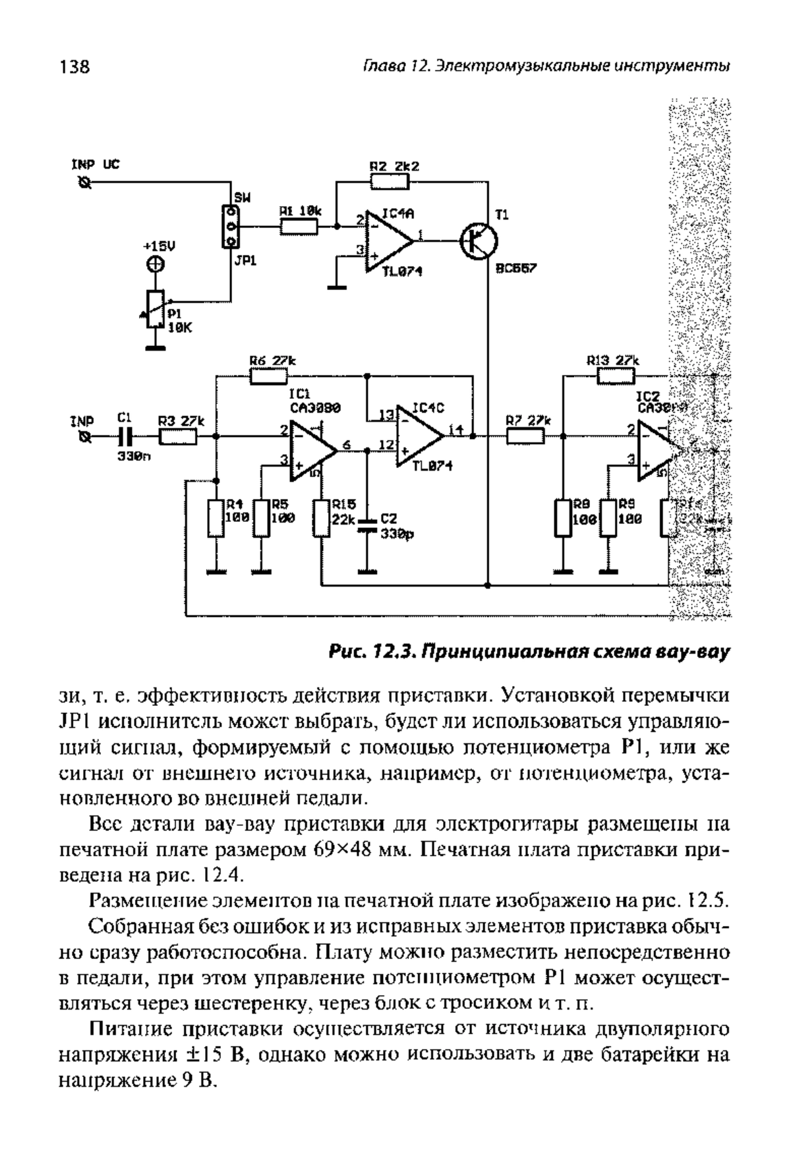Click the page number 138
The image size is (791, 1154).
74,67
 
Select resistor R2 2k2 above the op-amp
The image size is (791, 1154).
386,181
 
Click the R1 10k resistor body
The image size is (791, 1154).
299,227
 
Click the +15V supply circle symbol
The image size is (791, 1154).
155,264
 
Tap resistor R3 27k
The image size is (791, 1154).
178,436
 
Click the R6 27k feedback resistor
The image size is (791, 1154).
269,376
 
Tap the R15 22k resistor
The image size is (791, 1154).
321,518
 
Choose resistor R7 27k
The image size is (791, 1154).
525,436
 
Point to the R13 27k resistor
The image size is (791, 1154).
616,376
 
